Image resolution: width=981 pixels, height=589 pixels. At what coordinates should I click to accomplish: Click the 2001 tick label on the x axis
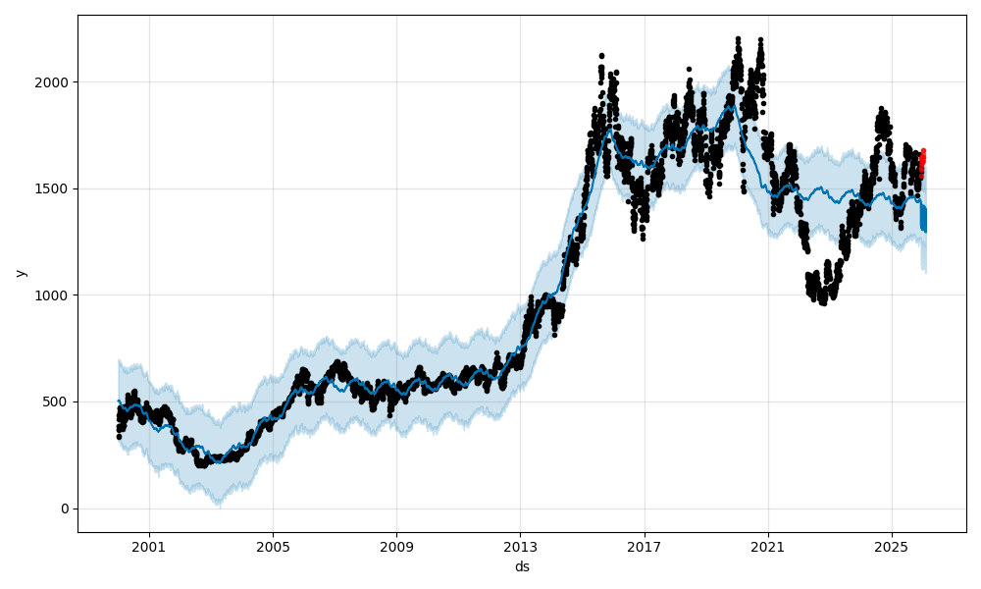pos(149,546)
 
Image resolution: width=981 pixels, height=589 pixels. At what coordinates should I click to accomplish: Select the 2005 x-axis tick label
pos(273,546)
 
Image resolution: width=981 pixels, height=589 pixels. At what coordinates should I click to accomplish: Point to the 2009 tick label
pos(396,546)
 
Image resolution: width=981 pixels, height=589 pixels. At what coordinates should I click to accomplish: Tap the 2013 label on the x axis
pos(520,546)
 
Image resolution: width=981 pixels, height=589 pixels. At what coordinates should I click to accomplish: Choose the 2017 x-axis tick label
pos(644,546)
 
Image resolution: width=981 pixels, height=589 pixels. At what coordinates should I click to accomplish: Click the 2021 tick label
pos(767,546)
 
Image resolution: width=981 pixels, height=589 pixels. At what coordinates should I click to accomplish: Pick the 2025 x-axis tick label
pos(891,546)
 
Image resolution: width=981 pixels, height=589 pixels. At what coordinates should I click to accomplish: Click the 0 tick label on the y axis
pos(65,509)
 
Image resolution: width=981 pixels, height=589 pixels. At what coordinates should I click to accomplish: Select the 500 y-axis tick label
pos(58,402)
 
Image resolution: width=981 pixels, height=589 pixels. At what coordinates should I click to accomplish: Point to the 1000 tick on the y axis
pos(54,295)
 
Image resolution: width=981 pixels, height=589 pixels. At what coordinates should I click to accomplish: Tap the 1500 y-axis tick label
pos(54,188)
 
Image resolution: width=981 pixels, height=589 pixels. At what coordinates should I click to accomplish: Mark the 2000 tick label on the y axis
pos(54,82)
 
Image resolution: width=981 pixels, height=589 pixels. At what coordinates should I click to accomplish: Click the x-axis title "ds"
pos(522,566)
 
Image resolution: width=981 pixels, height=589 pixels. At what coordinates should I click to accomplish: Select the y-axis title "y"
pos(21,273)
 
